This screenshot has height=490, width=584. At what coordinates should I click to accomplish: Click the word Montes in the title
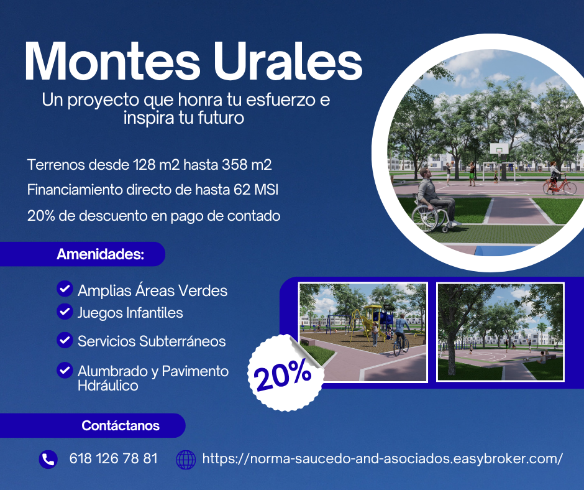(112, 61)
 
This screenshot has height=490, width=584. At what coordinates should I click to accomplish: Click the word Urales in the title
(288, 61)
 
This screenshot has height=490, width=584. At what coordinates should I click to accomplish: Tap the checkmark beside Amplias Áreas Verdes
(65, 289)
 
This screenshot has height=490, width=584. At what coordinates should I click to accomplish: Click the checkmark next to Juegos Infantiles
(65, 312)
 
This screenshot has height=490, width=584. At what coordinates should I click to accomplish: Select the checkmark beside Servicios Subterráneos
(65, 340)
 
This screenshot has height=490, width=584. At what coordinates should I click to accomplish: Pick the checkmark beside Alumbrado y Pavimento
(65, 370)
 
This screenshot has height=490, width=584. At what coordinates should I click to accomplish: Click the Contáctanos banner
(93, 425)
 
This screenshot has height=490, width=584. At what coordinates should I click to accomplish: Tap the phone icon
(48, 459)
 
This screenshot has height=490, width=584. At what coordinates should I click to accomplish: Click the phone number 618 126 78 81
(114, 458)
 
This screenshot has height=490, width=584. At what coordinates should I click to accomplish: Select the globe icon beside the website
(186, 460)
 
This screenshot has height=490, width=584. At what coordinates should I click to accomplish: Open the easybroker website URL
(383, 458)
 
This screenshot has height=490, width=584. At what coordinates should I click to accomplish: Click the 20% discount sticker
(286, 372)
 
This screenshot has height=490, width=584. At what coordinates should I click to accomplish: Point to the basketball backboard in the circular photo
(499, 149)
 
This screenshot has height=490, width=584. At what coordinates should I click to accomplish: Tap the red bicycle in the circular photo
(559, 185)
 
